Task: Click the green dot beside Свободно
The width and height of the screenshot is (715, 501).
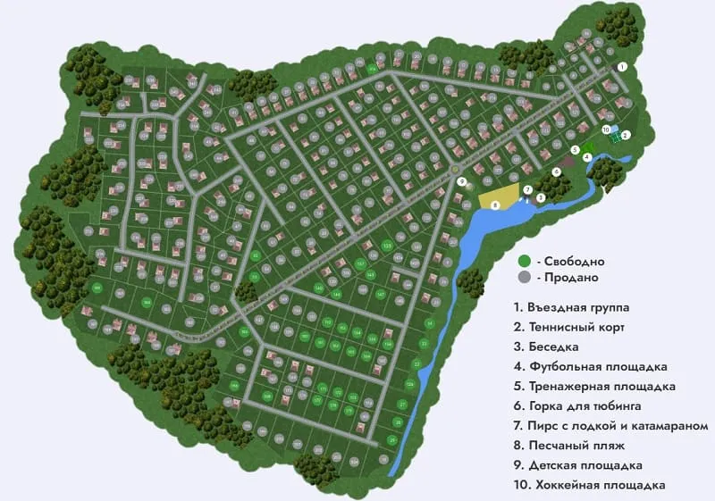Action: pos(524,261)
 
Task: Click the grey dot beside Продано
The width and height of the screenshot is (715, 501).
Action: pos(524,278)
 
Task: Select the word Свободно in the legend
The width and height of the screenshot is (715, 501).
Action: pos(572,262)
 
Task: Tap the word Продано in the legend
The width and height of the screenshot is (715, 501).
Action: pos(567,279)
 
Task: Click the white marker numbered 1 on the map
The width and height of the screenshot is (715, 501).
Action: pos(623,66)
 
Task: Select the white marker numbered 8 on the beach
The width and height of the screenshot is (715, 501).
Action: pos(495,205)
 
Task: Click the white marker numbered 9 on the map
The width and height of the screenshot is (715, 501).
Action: pos(462,181)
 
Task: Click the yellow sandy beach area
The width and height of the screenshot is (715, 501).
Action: pos(500,196)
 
